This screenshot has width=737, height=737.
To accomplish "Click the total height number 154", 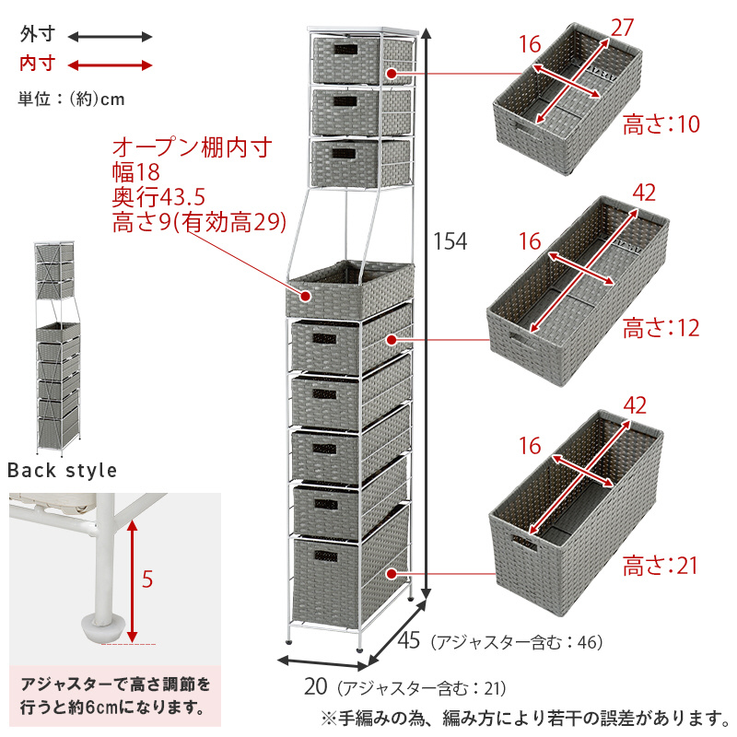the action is click(x=450, y=241).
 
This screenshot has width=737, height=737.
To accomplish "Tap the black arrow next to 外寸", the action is click(x=110, y=37).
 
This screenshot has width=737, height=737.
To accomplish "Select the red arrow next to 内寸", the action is click(x=110, y=65).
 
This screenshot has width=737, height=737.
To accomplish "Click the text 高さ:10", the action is click(x=661, y=124).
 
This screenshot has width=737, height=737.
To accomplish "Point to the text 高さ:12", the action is click(x=661, y=328).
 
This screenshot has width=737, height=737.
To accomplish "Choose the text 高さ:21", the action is click(x=661, y=566).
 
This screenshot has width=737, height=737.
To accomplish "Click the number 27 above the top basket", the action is click(x=623, y=28).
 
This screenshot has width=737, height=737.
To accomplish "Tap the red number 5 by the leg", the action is click(x=147, y=579).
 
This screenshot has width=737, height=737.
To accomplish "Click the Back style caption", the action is click(x=62, y=470).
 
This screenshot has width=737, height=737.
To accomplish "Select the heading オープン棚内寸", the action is click(x=193, y=147).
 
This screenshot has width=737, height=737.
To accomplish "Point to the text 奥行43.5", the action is click(x=158, y=197).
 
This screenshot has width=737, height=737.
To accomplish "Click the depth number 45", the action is click(x=408, y=640).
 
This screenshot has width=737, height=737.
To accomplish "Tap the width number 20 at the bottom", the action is click(x=315, y=686).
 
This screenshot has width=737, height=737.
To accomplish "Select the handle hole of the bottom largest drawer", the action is click(x=326, y=556).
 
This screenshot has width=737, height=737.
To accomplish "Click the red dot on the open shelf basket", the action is click(x=306, y=297).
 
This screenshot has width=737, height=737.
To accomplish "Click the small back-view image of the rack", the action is click(x=58, y=349).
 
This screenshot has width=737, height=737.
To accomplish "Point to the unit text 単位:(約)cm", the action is click(x=72, y=99).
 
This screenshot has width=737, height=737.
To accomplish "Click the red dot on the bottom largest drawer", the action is click(x=392, y=574).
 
